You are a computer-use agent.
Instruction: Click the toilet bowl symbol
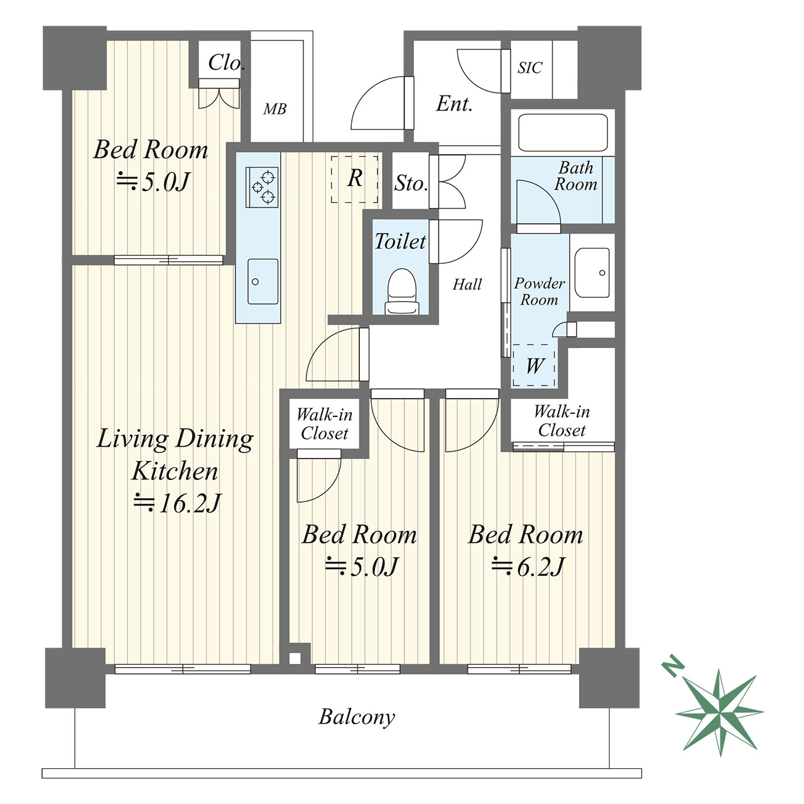click(x=402, y=291)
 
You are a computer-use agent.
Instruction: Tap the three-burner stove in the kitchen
click(x=262, y=187)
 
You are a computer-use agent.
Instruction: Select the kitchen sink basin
click(x=263, y=281)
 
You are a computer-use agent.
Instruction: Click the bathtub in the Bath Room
click(x=562, y=133)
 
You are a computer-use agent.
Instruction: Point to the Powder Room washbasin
click(x=592, y=273)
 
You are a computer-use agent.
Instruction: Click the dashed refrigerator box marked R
click(x=355, y=180)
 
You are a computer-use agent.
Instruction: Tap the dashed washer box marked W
click(x=534, y=366)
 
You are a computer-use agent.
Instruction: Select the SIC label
click(x=530, y=68)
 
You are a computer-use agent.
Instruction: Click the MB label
click(x=275, y=109)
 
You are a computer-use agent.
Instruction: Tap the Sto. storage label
click(x=411, y=183)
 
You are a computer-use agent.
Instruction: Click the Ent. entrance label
click(x=454, y=104)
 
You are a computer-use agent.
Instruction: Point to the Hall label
click(x=467, y=285)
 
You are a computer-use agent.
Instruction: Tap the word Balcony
click(x=357, y=717)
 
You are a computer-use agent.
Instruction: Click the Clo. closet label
click(x=225, y=63)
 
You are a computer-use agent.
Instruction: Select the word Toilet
click(x=400, y=241)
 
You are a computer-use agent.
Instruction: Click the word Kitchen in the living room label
click(x=175, y=471)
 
